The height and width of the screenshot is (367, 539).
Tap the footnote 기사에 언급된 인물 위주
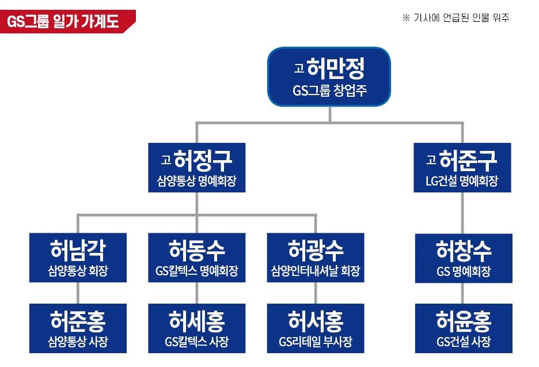pos(456,18)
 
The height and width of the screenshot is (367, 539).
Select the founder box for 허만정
pos(329,77)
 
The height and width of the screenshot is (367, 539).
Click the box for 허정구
pos(197,168)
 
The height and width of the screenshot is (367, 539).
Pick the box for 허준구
pos(462,168)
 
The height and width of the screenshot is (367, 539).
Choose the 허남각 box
pos(78,258)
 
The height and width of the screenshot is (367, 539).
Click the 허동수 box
pos(197,258)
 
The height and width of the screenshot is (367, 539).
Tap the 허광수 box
pos(316,258)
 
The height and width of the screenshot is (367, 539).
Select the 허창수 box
pos(463,258)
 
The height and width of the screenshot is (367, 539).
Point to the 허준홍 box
pos(78,328)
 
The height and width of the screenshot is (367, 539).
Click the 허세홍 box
pos(197,328)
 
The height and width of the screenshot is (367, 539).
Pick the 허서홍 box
pos(316,328)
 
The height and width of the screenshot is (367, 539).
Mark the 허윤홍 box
pos(463,328)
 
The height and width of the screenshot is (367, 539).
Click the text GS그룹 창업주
pos(329,91)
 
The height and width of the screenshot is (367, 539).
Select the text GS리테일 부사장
pos(316,342)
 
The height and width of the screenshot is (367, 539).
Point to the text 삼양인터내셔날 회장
pos(316,271)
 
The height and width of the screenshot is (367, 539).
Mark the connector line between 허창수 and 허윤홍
pos(463,293)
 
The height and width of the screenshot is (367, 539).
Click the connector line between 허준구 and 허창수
pos(462,213)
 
